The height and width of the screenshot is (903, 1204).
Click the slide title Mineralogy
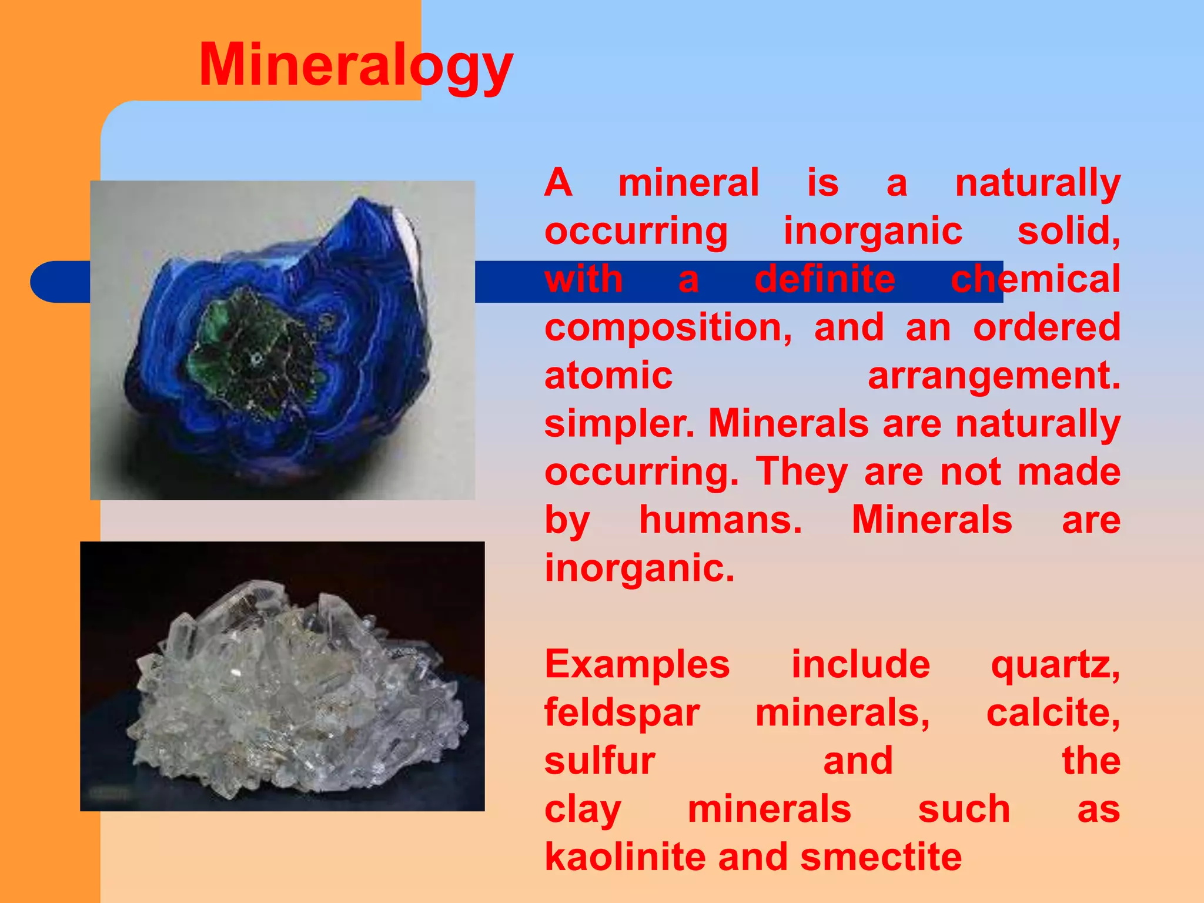tap(356, 66)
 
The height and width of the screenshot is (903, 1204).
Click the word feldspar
tap(621, 714)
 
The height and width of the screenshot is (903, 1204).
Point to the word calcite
tap(1053, 714)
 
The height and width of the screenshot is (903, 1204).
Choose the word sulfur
tap(600, 761)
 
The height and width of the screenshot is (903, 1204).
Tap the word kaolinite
tap(624, 857)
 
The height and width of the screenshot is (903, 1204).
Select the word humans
tap(720, 521)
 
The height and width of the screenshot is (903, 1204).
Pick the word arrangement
tap(994, 376)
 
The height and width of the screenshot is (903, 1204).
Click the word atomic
tap(608, 376)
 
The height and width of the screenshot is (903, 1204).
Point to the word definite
tap(825, 280)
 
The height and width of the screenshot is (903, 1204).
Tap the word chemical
tap(1035, 280)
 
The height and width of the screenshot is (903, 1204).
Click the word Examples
tap(637, 665)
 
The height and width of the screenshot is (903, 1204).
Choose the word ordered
tap(1046, 328)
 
